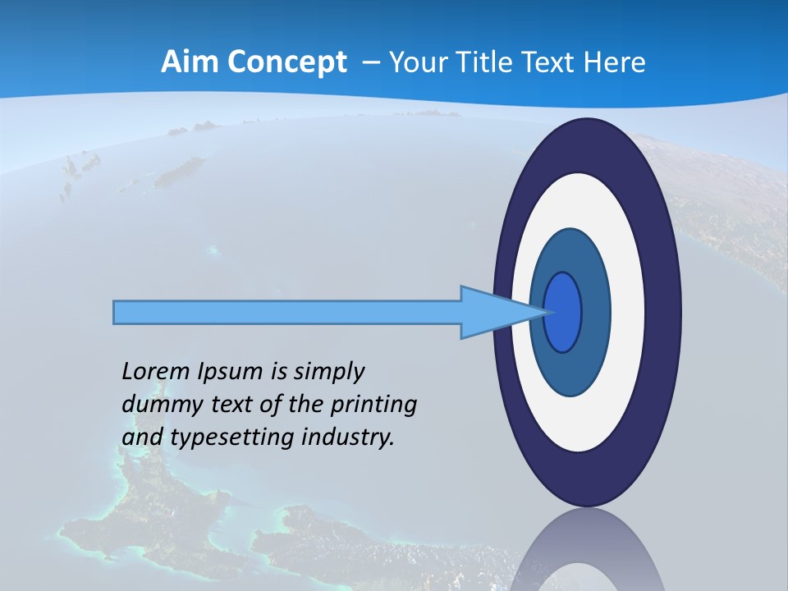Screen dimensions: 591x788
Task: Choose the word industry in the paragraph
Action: coord(344,438)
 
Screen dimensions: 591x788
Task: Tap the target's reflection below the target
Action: coord(587,554)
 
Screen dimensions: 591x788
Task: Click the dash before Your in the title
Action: coord(371,63)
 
